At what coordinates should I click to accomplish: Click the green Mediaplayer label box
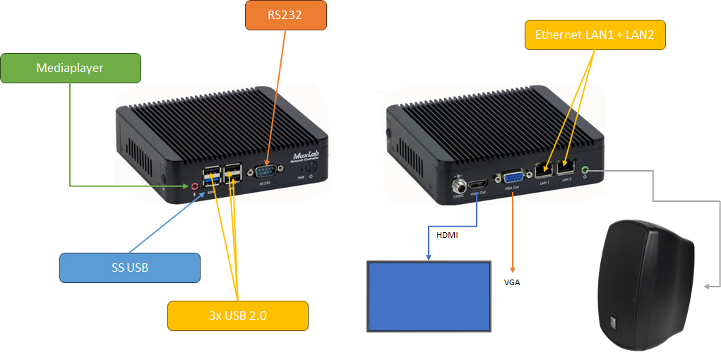click(x=70, y=68)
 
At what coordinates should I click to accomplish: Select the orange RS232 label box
click(x=286, y=15)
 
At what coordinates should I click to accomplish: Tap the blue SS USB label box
click(x=129, y=268)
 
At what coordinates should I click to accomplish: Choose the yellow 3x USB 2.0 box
click(x=237, y=316)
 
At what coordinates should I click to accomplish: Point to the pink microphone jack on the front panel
click(x=196, y=186)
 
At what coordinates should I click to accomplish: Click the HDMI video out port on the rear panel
click(x=478, y=183)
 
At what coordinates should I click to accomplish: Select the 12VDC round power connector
click(x=458, y=186)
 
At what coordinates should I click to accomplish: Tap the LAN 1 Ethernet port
click(x=544, y=170)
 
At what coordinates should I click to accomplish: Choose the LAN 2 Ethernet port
click(x=566, y=168)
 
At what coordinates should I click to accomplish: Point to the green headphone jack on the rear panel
click(x=585, y=169)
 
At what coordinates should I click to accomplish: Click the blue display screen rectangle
click(x=429, y=296)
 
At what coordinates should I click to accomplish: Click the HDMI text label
click(x=447, y=235)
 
